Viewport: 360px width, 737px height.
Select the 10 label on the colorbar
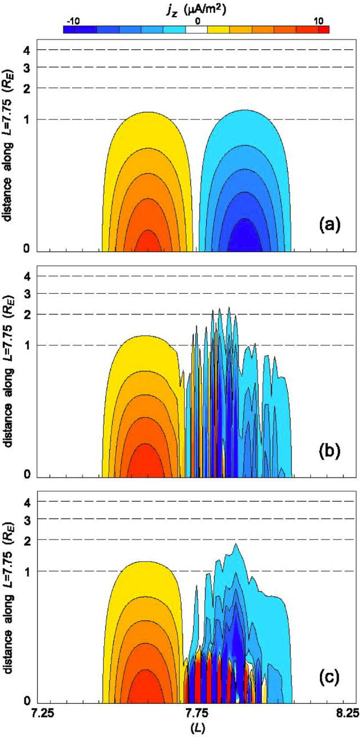(x=318, y=21)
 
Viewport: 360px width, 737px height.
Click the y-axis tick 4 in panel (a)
(x=27, y=50)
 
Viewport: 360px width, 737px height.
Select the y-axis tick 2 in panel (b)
(x=27, y=314)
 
